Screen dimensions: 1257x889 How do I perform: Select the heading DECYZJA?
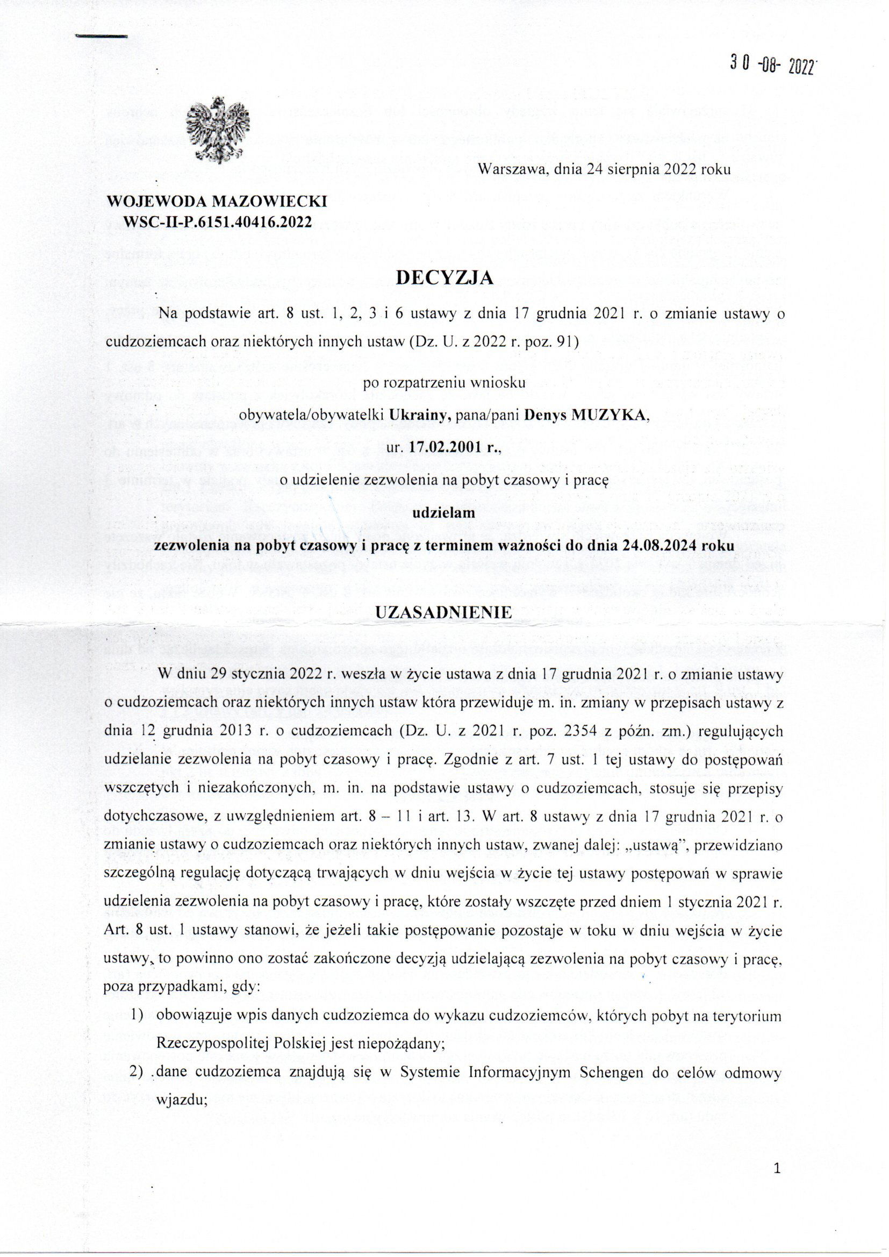coord(444,278)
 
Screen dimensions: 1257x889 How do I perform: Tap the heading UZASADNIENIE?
coord(444,612)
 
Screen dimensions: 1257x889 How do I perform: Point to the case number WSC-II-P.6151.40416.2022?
coord(218,222)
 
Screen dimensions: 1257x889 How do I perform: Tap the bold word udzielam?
coord(444,513)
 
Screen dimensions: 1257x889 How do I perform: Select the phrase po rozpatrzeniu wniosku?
coord(444,382)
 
